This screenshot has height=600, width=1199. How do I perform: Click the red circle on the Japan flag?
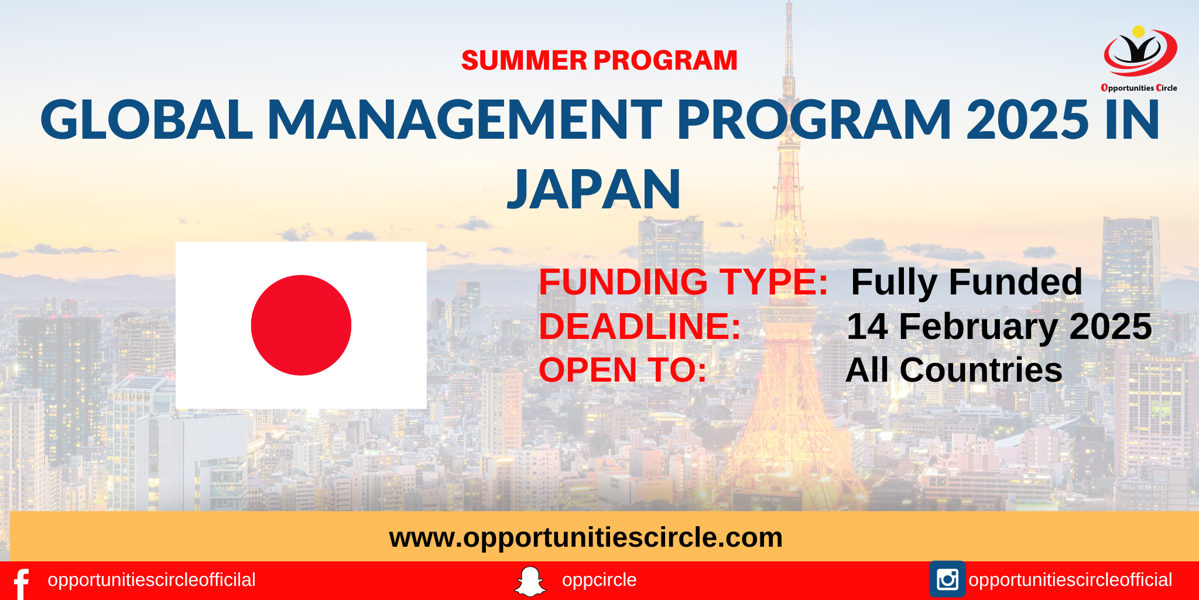[301, 325]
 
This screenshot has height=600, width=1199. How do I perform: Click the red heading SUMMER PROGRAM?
[599, 60]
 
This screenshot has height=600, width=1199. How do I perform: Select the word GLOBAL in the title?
[146, 120]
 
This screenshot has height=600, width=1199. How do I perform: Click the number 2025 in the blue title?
[1027, 120]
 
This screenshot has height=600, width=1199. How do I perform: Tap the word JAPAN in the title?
[594, 189]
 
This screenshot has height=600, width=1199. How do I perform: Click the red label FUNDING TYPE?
[683, 282]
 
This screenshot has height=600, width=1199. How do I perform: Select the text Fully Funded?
[967, 282]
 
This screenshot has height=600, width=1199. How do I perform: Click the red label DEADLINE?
[640, 326]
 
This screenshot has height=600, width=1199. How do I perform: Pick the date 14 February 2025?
[999, 326]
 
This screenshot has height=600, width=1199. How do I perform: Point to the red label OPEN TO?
[623, 370]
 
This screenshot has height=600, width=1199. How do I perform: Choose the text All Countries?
[954, 370]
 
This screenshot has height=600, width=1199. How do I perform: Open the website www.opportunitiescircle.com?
[585, 537]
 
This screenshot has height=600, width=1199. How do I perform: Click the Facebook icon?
[22, 583]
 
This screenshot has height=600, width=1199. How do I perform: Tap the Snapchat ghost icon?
[530, 581]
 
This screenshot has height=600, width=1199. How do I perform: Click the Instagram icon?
[947, 580]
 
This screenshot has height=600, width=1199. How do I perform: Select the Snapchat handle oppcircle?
[599, 580]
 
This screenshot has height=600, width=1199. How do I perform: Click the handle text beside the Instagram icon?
[1070, 580]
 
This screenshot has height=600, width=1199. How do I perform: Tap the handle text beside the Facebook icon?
[152, 580]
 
